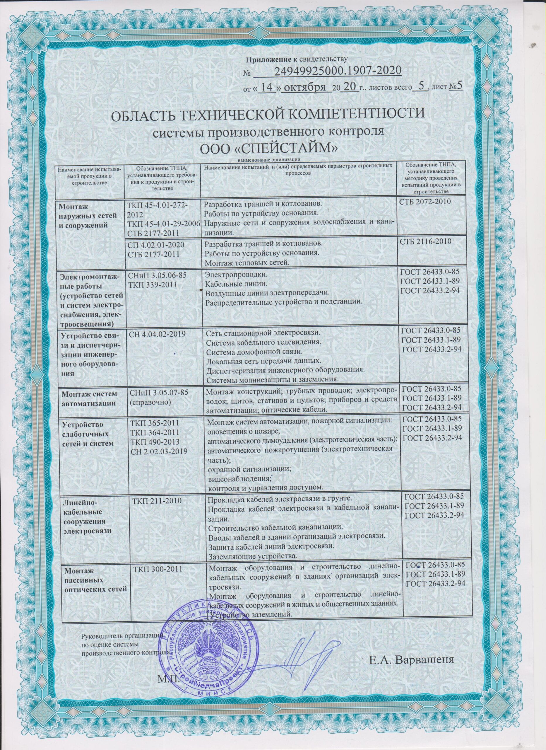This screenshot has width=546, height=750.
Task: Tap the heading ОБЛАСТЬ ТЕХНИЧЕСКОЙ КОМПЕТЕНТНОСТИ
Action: (x=268, y=116)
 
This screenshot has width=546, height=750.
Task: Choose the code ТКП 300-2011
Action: (x=158, y=570)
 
